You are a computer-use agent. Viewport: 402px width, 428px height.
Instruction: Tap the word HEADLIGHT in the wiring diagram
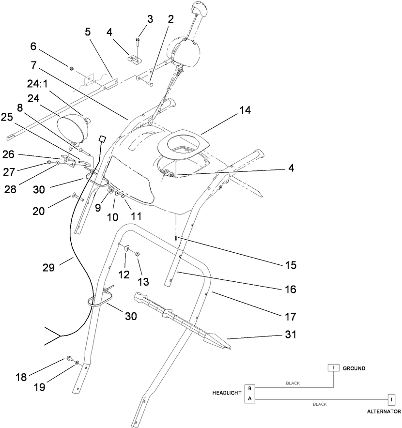(226, 393)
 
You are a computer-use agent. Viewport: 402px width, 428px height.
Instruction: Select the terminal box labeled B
(250, 388)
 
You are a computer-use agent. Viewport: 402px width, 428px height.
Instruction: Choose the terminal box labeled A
(250, 398)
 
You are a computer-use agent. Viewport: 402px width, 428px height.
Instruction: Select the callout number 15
(290, 265)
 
